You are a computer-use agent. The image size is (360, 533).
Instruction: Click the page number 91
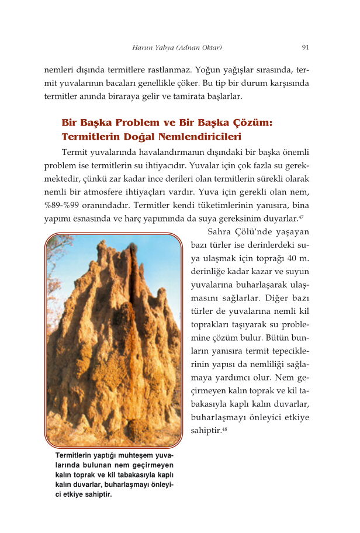[x=305, y=47]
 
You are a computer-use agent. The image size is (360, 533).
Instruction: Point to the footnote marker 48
[x=225, y=429]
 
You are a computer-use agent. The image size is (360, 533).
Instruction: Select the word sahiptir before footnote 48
[x=206, y=431]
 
